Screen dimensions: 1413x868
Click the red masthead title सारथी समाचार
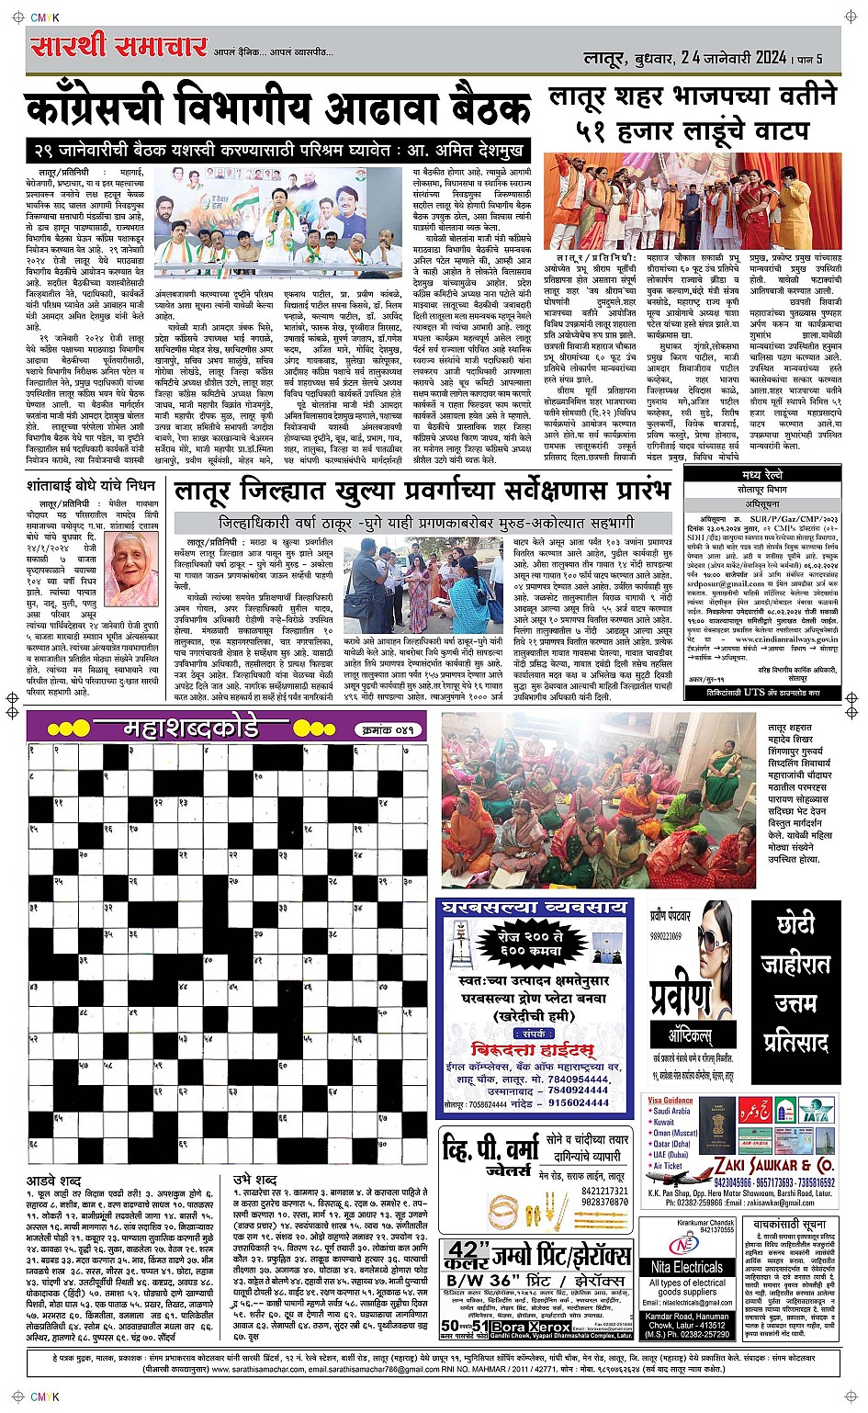(x=118, y=45)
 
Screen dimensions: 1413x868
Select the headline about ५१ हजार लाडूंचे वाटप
(x=693, y=113)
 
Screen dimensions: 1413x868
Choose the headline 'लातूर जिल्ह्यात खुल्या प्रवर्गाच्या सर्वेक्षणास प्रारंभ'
(x=425, y=491)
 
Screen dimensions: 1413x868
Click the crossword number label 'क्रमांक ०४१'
(x=387, y=729)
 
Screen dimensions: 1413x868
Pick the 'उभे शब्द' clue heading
(x=254, y=1180)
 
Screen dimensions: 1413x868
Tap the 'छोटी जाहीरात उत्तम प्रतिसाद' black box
(x=790, y=983)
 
